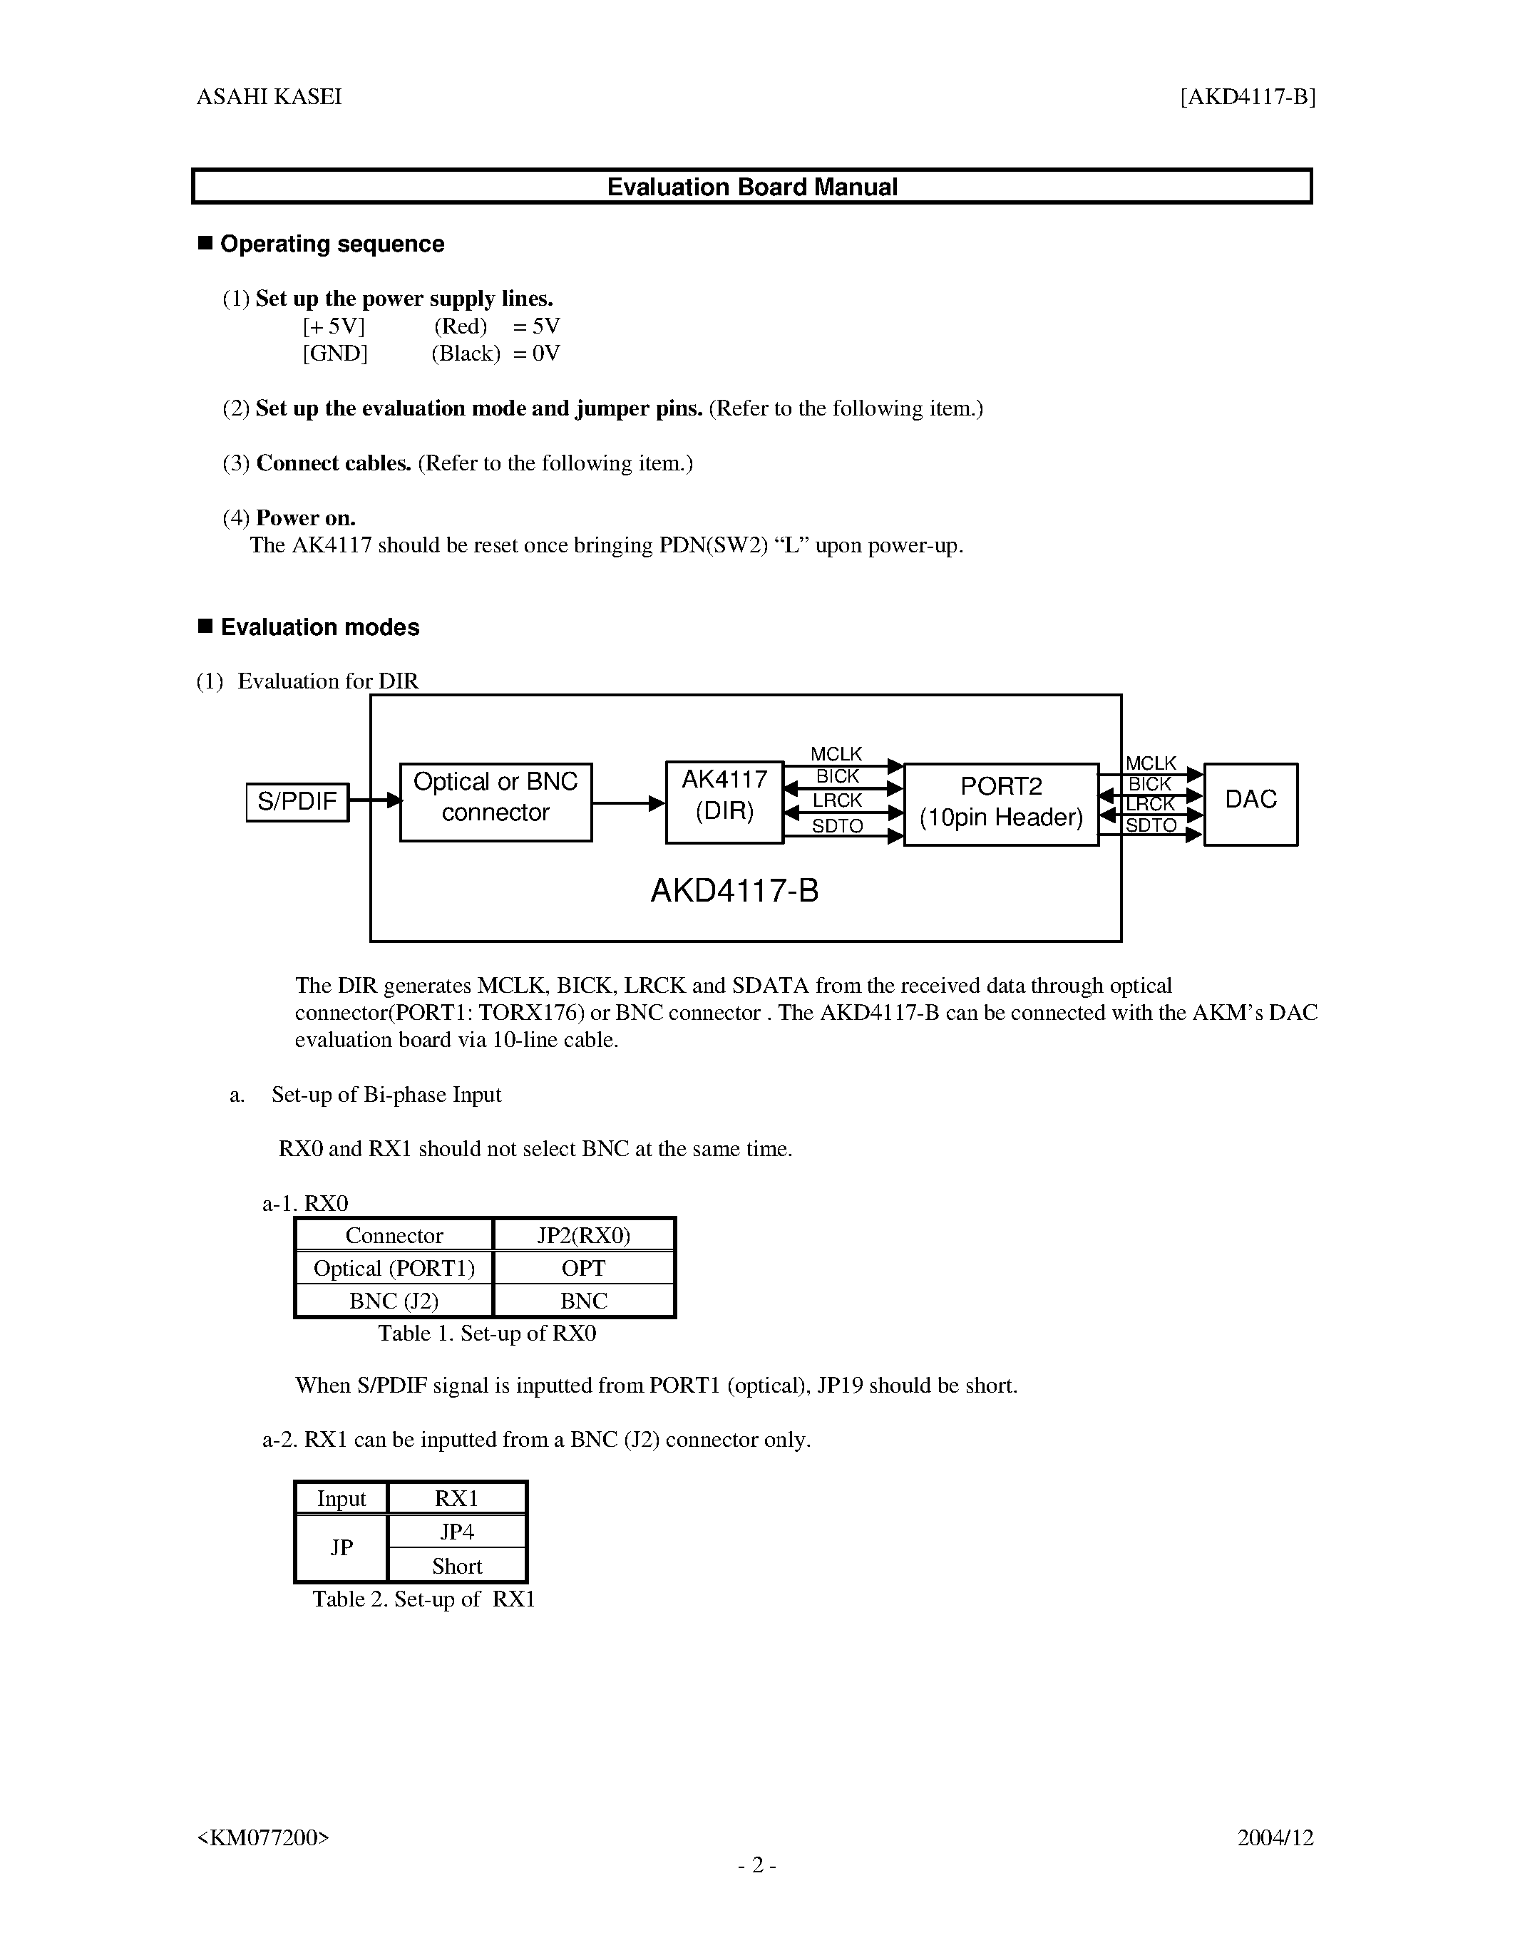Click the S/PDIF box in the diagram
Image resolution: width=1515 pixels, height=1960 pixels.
(297, 801)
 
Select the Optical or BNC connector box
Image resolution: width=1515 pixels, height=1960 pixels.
(495, 801)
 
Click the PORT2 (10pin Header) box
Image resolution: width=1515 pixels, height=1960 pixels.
(1001, 804)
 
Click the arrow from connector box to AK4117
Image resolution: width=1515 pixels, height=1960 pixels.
(628, 803)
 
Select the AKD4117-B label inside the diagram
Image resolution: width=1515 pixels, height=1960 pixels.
(734, 891)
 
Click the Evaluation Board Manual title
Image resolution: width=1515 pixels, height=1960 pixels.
(752, 187)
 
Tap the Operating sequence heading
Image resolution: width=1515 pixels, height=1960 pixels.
(332, 244)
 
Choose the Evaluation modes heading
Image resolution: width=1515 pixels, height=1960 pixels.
(319, 627)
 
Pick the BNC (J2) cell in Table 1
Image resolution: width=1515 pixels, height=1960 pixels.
(394, 1301)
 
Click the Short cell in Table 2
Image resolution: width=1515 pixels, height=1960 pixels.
(457, 1566)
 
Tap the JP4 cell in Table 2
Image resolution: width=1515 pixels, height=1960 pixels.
(457, 1532)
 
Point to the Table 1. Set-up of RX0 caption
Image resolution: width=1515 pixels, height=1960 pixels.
(486, 1334)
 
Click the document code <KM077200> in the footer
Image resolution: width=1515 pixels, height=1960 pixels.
(263, 1837)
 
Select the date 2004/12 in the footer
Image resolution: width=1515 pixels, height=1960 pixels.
(1275, 1837)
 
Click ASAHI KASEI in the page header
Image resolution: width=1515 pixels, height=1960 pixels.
(269, 97)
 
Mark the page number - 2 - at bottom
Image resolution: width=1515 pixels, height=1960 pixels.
(756, 1865)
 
